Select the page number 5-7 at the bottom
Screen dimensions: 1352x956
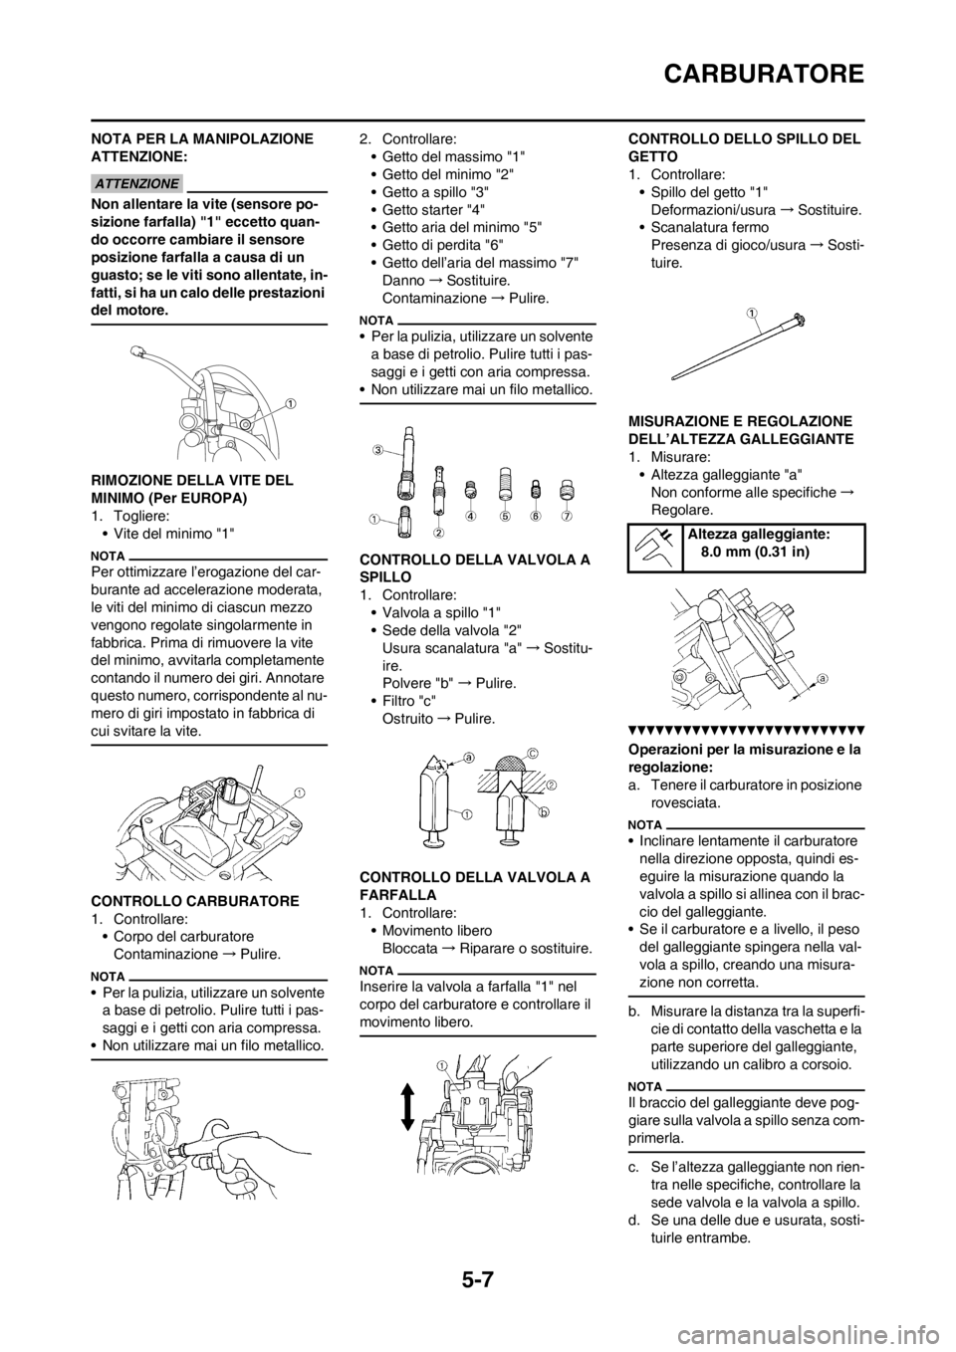[478, 1277]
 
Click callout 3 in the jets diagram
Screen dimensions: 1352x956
[379, 450]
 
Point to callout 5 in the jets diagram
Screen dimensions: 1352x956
[504, 518]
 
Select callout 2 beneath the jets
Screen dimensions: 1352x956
[439, 533]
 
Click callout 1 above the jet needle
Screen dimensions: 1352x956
[754, 312]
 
